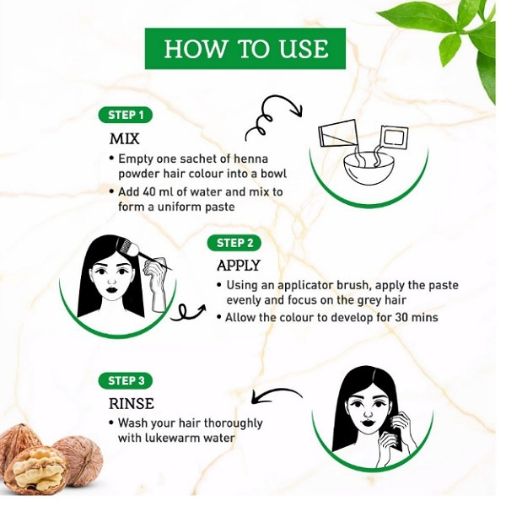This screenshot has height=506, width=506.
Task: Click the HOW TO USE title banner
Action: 245,48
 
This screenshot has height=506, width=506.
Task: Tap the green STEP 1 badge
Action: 125,116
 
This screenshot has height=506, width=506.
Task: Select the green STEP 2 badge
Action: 234,243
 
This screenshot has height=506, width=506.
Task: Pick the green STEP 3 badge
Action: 125,380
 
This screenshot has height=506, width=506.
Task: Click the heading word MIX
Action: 124,139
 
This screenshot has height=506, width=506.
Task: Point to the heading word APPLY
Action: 238,266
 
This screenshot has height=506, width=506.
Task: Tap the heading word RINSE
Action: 132,403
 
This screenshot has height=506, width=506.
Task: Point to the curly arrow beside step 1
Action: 273,116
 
